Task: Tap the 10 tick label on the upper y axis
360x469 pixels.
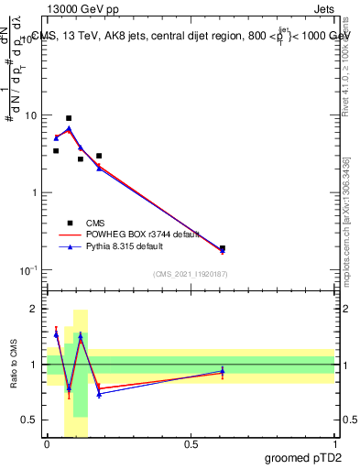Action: point(31,116)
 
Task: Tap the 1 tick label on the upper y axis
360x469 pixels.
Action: point(35,193)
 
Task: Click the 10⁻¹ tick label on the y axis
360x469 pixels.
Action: point(29,270)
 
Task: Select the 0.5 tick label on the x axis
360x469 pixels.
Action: point(191,444)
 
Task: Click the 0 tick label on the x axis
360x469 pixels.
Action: point(47,444)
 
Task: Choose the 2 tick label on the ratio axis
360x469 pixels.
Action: point(35,309)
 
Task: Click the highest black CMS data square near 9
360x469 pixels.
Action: point(69,118)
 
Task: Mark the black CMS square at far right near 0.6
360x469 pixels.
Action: point(223,248)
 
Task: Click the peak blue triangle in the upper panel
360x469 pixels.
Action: point(69,129)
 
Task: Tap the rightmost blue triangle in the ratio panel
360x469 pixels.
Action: point(223,371)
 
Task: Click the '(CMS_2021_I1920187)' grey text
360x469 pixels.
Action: point(191,273)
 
